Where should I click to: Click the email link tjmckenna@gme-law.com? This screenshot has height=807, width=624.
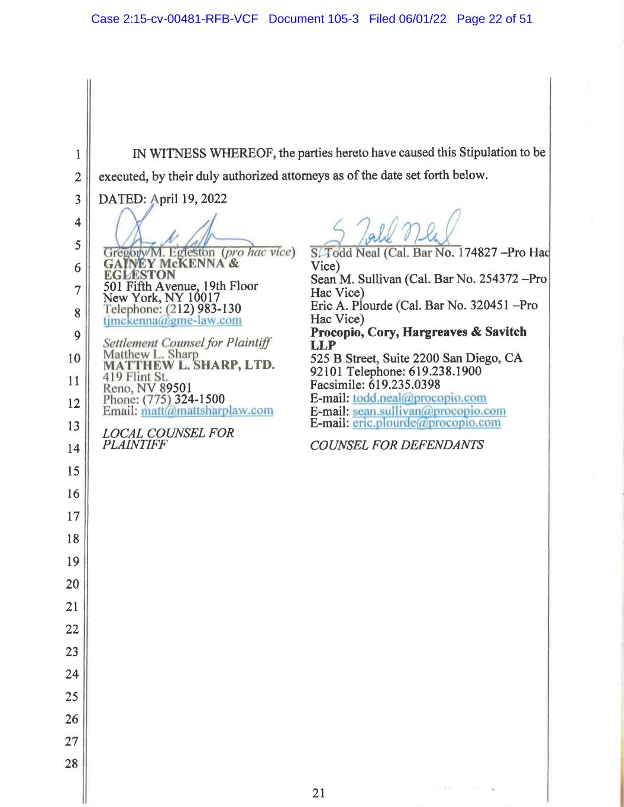(x=172, y=320)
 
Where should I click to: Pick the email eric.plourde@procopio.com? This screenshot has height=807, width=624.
(x=426, y=423)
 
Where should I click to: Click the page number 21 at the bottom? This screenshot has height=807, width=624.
(x=318, y=793)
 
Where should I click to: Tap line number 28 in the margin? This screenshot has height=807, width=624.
(x=72, y=764)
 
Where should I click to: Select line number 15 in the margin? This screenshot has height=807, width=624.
(x=73, y=471)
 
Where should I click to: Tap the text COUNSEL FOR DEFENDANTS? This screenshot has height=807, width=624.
(x=396, y=445)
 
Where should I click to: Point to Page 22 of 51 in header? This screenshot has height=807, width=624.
(x=494, y=19)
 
